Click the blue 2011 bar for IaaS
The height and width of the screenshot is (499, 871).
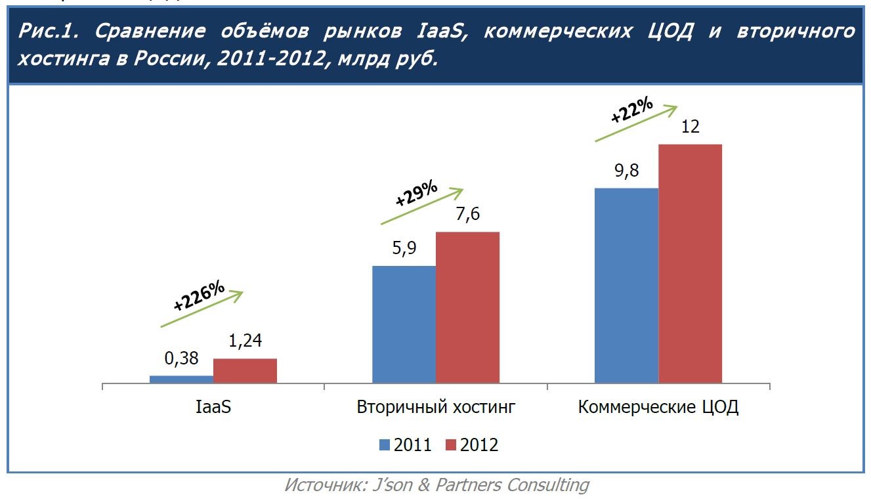tap(181, 379)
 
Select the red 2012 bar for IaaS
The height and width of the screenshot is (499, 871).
tap(245, 370)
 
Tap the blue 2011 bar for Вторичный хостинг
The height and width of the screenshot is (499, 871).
tap(404, 324)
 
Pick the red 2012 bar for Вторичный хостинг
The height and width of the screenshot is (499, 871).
tap(467, 307)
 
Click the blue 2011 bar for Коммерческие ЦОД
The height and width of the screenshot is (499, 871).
tap(626, 286)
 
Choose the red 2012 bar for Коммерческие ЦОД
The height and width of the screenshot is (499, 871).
tap(690, 263)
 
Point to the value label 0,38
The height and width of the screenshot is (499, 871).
tap(181, 359)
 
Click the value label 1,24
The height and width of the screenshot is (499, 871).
tap(245, 341)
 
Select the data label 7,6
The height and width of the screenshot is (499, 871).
tap(467, 215)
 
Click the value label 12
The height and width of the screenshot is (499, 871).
tap(690, 127)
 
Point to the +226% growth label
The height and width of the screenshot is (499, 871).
tap(200, 297)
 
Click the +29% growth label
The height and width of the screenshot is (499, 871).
tap(416, 194)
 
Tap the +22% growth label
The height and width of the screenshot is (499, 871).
tap(631, 110)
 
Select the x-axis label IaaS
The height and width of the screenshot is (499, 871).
tap(213, 407)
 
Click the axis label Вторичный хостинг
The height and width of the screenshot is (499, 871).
tap(436, 407)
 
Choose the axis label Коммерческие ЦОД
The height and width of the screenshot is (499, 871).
tap(658, 407)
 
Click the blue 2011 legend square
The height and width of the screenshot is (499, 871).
tap(385, 445)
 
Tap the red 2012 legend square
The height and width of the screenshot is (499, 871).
tap(451, 445)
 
